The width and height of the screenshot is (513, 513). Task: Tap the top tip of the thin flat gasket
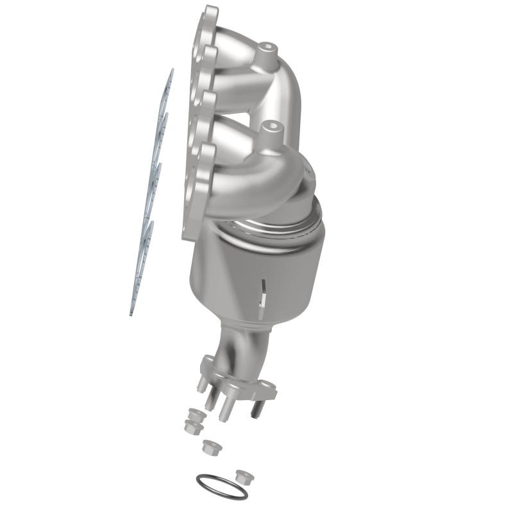pyautogui.click(x=171, y=72)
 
